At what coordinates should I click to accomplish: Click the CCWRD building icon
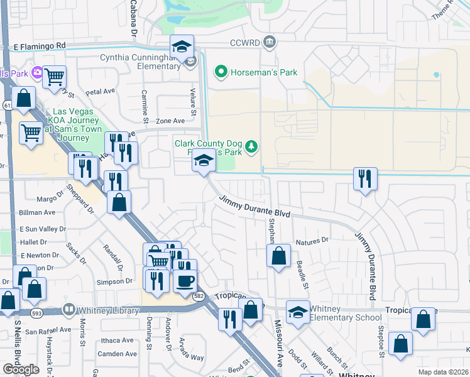point(270,42)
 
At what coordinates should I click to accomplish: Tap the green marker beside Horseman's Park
point(221,72)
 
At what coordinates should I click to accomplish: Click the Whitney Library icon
point(68,310)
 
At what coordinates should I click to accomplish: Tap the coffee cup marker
point(185,280)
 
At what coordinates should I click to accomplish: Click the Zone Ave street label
point(170,121)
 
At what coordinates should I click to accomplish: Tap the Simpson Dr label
point(114,282)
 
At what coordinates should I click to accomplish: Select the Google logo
point(21,369)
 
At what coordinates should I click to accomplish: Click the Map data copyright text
point(444,372)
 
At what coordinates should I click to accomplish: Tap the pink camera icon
point(38,73)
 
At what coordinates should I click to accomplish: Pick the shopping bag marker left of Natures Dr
point(278,256)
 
